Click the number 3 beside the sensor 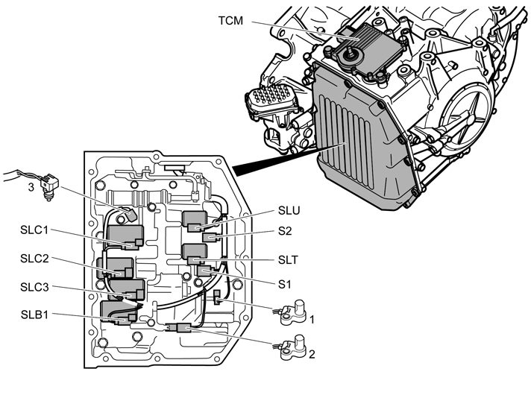[31, 187]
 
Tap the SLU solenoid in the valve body [196, 221]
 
